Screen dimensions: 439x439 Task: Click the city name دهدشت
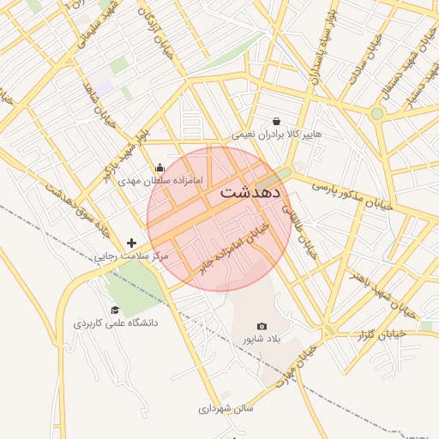click(250, 191)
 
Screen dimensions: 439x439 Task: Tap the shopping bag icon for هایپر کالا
click(276, 122)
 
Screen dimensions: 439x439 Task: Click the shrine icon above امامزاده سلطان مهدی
click(159, 168)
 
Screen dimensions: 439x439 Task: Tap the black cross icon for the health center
click(131, 244)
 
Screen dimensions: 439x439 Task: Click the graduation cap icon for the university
click(115, 310)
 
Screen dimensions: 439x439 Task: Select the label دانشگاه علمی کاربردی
click(116, 324)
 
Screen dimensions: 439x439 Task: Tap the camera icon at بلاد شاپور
click(262, 327)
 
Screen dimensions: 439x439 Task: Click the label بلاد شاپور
click(262, 340)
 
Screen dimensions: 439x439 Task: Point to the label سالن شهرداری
click(227, 409)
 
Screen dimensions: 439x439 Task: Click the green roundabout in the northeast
click(376, 113)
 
